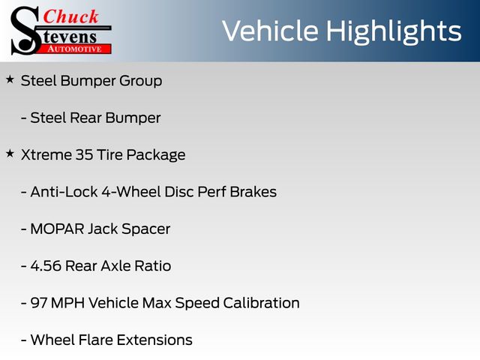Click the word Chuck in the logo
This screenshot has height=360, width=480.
pos(70,16)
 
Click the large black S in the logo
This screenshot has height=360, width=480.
pos(25,31)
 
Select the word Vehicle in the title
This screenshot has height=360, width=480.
pos(270,31)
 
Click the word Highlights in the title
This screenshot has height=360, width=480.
pos(394,31)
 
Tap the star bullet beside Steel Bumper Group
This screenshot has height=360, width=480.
pos(10,79)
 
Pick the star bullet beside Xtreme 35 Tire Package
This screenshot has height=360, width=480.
pos(10,153)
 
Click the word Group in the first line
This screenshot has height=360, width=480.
pos(140,82)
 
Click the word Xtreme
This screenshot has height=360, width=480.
pos(46,154)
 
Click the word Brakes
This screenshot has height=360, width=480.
pos(253,192)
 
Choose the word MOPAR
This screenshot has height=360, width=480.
pos(57,229)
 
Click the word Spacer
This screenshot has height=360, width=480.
pos(145,229)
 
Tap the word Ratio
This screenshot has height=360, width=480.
pos(152,266)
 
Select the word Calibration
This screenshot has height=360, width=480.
pos(261,303)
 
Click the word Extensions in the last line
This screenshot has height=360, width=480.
pos(154,340)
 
